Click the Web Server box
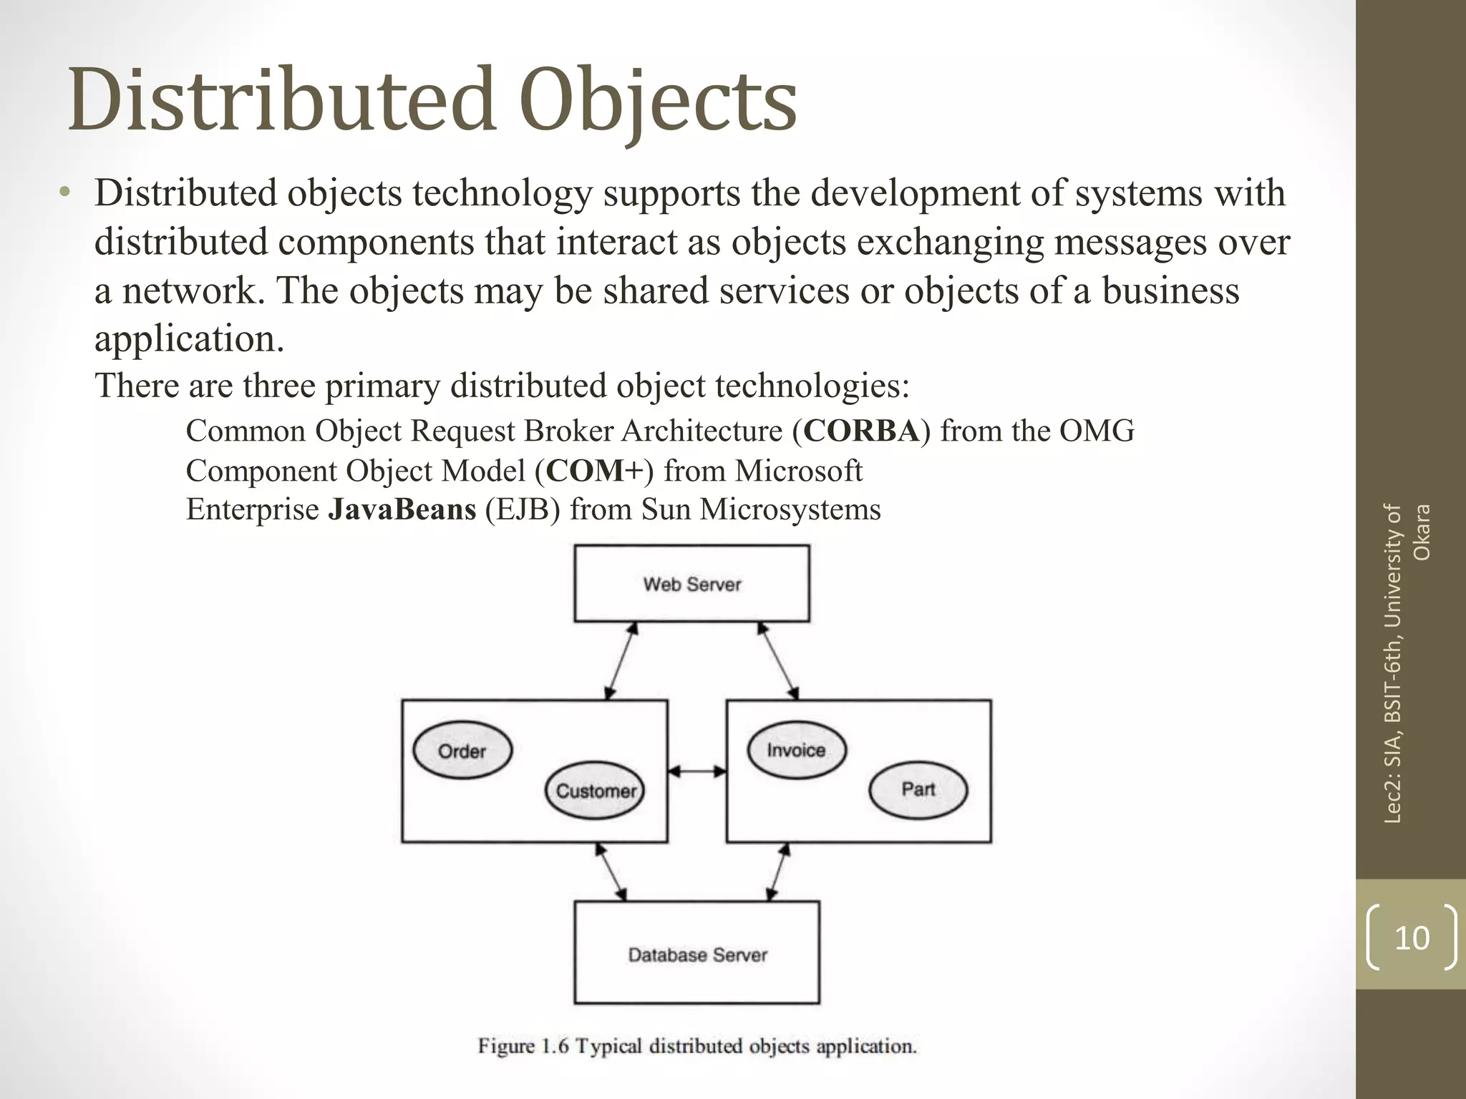(691, 583)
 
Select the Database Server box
(696, 952)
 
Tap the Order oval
(462, 751)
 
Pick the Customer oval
(595, 790)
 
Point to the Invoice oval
(796, 750)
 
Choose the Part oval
(918, 789)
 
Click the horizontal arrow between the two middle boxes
(697, 771)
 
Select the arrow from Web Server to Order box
(621, 660)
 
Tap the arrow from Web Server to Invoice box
(778, 660)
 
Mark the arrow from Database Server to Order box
(611, 871)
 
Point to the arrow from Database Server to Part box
(779, 871)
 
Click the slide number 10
(1412, 937)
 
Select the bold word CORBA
(860, 431)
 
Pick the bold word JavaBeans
(402, 509)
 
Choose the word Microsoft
(798, 471)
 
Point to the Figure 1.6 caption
(697, 1046)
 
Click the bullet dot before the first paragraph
(65, 192)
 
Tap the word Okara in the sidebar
(1422, 532)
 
